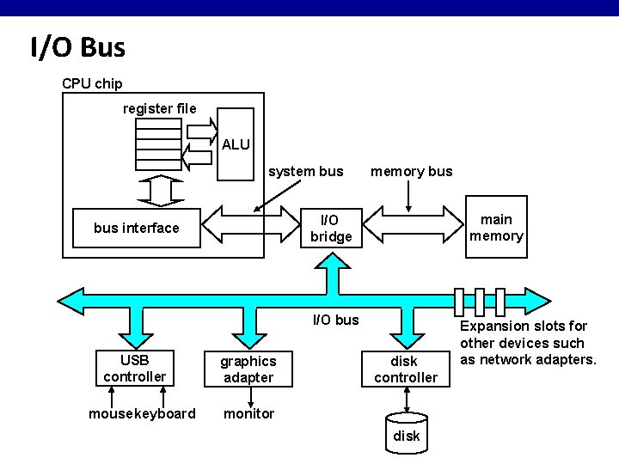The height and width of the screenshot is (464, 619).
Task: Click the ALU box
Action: click(x=236, y=144)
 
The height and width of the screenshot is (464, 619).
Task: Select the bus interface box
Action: click(x=137, y=228)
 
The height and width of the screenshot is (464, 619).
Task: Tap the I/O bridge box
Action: click(x=331, y=228)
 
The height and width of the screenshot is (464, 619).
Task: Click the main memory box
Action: click(x=496, y=227)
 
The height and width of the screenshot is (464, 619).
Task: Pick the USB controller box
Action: click(x=135, y=368)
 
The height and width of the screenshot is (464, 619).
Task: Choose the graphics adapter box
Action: click(x=248, y=369)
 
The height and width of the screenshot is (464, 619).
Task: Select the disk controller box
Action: click(x=406, y=369)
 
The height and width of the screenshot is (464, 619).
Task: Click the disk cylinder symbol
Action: click(x=406, y=433)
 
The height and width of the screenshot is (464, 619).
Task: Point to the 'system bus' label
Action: click(x=305, y=172)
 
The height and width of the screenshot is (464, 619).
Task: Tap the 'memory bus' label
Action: click(x=411, y=172)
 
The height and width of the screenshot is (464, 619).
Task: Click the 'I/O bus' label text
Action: click(x=335, y=320)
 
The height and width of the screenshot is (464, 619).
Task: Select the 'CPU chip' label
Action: click(x=92, y=83)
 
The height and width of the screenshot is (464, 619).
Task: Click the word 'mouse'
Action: click(x=111, y=413)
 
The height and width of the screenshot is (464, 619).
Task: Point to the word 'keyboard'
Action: click(x=165, y=413)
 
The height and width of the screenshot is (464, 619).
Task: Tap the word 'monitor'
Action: click(x=248, y=413)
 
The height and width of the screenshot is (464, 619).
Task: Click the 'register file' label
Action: click(x=160, y=108)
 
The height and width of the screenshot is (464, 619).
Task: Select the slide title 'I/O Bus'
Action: click(x=77, y=47)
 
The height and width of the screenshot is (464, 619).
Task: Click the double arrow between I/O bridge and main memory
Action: click(x=413, y=224)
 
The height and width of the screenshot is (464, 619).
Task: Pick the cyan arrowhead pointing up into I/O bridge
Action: click(x=333, y=261)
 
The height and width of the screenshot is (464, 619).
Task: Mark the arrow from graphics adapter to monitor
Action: click(x=251, y=397)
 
